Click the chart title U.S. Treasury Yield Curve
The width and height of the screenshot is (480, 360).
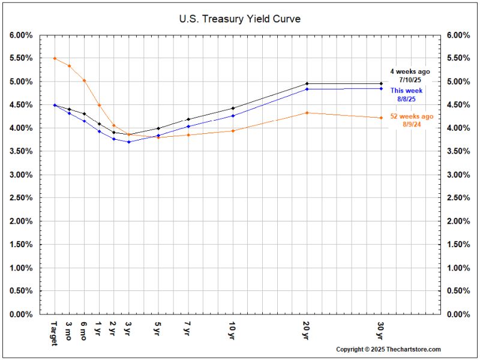(239, 19)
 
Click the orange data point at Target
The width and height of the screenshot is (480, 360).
(55, 58)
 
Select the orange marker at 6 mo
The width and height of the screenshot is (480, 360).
(84, 80)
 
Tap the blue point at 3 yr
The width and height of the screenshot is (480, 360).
(128, 142)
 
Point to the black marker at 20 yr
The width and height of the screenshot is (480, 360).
(307, 83)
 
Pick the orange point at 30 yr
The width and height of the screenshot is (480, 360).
(381, 118)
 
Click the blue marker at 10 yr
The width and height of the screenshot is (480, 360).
(232, 116)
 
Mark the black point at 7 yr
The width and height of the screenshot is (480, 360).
(188, 119)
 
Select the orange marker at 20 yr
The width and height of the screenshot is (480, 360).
(307, 113)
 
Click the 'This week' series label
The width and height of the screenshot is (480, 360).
(406, 91)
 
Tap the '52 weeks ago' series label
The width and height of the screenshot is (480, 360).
(410, 116)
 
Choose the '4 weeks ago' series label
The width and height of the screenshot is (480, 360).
(410, 71)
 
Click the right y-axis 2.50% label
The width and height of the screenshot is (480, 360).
(458, 198)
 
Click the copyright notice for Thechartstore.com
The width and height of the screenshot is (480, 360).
(388, 349)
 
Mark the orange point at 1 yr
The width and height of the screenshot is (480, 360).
(99, 105)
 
